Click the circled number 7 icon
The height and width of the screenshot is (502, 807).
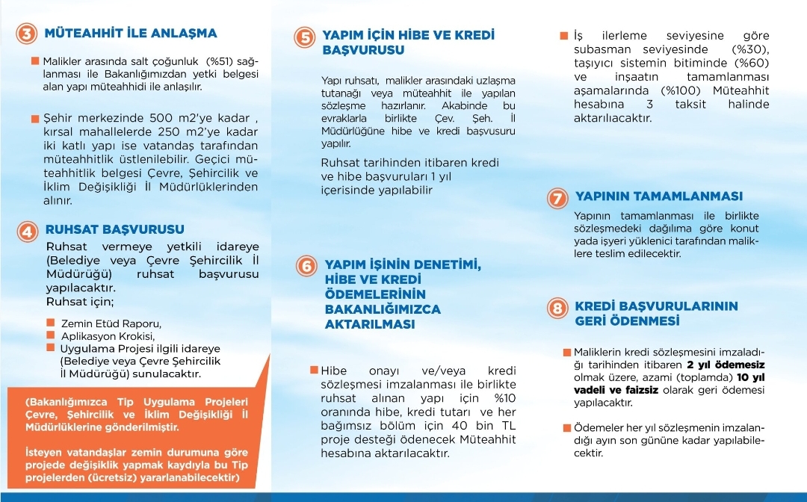556,198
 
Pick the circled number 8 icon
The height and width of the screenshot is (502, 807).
556,308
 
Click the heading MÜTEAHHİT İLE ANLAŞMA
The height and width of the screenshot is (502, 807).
131,33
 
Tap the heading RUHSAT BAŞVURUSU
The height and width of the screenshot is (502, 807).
115,229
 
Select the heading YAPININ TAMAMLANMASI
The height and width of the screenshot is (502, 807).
659,196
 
